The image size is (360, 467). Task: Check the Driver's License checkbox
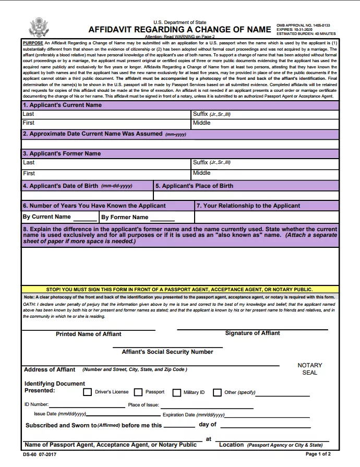[x=88, y=392]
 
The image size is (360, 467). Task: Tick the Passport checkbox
[x=138, y=392]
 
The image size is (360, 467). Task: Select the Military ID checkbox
[x=176, y=392]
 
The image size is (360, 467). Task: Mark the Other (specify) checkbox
[x=217, y=392]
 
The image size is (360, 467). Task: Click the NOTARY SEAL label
[x=309, y=369]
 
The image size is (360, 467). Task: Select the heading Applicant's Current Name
[x=62, y=105]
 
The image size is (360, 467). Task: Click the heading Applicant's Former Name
[x=62, y=154]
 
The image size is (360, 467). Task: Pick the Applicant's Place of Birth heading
[x=194, y=186]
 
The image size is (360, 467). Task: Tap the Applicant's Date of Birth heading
[x=77, y=186]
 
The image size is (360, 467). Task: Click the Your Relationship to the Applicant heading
[x=248, y=206]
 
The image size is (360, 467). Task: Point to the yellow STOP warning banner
[x=179, y=289]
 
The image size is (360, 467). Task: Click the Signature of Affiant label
[x=253, y=333]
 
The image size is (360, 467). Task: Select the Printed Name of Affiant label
[x=88, y=334]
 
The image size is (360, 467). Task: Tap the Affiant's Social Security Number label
[x=167, y=352]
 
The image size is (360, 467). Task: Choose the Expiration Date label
[x=194, y=415]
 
